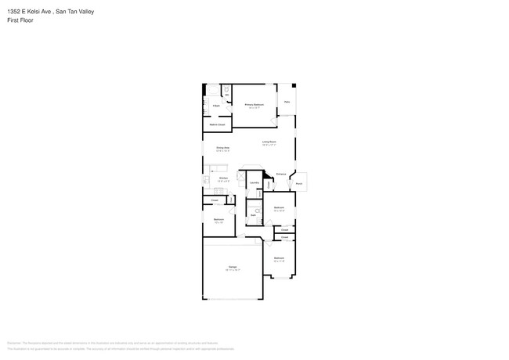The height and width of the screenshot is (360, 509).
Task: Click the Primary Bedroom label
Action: [x=254, y=104]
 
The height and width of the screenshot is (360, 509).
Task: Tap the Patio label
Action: [x=287, y=102]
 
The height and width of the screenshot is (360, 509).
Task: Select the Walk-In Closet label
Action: [x=217, y=125]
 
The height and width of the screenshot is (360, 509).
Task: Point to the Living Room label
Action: [x=269, y=142]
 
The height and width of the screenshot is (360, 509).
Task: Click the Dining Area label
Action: [x=222, y=147]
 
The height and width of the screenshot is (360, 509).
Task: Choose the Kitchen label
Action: [x=223, y=178]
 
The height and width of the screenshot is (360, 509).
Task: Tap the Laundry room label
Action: [x=254, y=183]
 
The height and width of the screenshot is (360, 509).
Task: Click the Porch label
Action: [x=299, y=185]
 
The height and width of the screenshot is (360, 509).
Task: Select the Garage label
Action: [x=233, y=268]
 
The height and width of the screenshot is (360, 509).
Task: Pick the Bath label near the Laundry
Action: [x=254, y=214]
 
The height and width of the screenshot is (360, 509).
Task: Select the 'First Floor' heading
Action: [x=20, y=20]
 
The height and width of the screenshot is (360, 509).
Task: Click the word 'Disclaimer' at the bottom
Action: [x=13, y=343]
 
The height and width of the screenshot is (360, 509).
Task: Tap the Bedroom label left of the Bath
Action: [x=219, y=219]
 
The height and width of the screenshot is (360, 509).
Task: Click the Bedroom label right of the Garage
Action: [x=279, y=257]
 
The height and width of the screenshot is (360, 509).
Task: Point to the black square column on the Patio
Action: [x=294, y=85]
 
